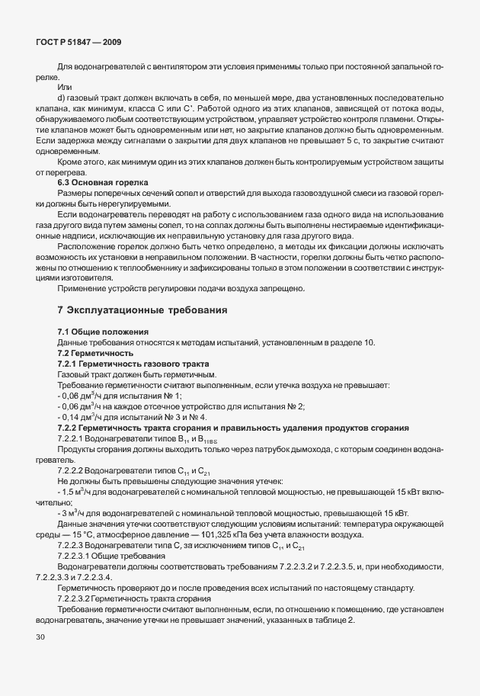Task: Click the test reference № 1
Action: point(172,396)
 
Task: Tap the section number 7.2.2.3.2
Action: point(79,599)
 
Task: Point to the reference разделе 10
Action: point(356,343)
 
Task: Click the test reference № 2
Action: point(297,406)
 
